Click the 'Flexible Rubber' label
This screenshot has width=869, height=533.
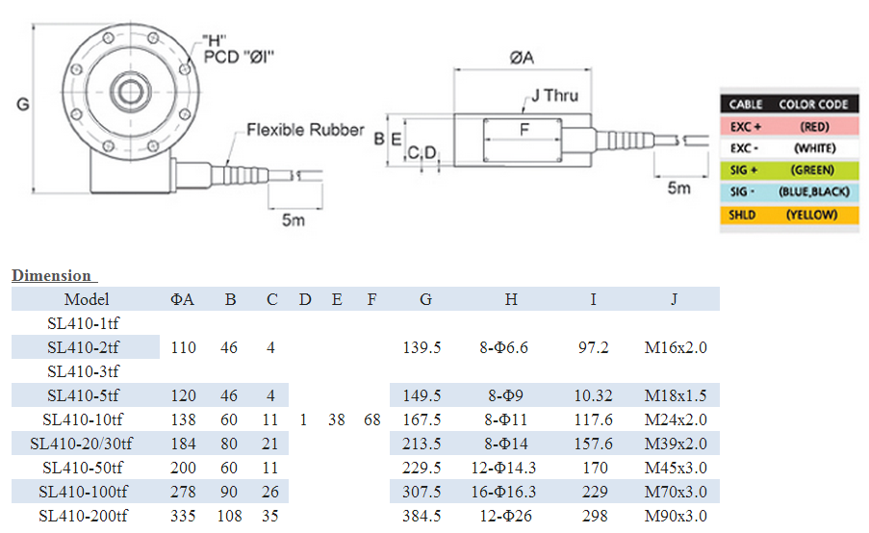(x=305, y=130)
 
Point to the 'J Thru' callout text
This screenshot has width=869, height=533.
(x=553, y=95)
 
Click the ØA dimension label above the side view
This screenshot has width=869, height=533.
(x=522, y=58)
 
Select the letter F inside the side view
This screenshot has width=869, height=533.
(x=524, y=129)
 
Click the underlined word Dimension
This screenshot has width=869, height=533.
(x=51, y=276)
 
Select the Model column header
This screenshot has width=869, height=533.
(x=87, y=299)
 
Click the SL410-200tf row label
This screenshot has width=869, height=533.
(x=83, y=516)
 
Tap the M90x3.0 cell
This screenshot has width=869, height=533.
(x=675, y=516)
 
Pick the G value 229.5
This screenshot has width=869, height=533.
(x=422, y=468)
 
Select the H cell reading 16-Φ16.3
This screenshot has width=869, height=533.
(x=511, y=492)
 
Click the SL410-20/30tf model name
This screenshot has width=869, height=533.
(x=82, y=444)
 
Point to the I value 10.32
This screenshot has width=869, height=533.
(x=594, y=395)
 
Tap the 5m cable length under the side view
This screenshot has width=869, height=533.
(x=679, y=188)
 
